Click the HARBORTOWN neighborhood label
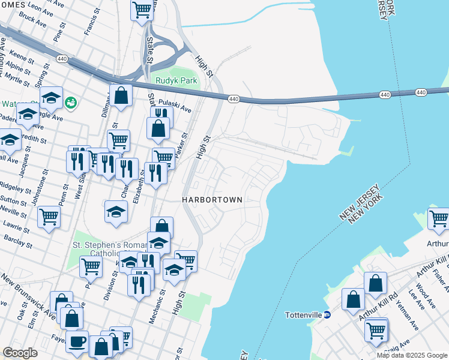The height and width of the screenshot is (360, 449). [x=212, y=199]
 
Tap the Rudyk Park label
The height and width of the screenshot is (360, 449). [x=176, y=81]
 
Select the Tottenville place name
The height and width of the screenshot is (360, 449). [x=304, y=315]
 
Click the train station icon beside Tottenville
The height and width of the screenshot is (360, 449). [x=327, y=315]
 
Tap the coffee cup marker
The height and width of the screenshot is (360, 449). [x=77, y=341]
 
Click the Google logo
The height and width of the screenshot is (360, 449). [x=20, y=352]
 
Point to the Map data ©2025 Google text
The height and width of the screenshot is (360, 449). [x=412, y=355]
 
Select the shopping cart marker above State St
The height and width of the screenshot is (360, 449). [x=141, y=10]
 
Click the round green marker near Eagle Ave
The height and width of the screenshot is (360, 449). [x=71, y=103]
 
